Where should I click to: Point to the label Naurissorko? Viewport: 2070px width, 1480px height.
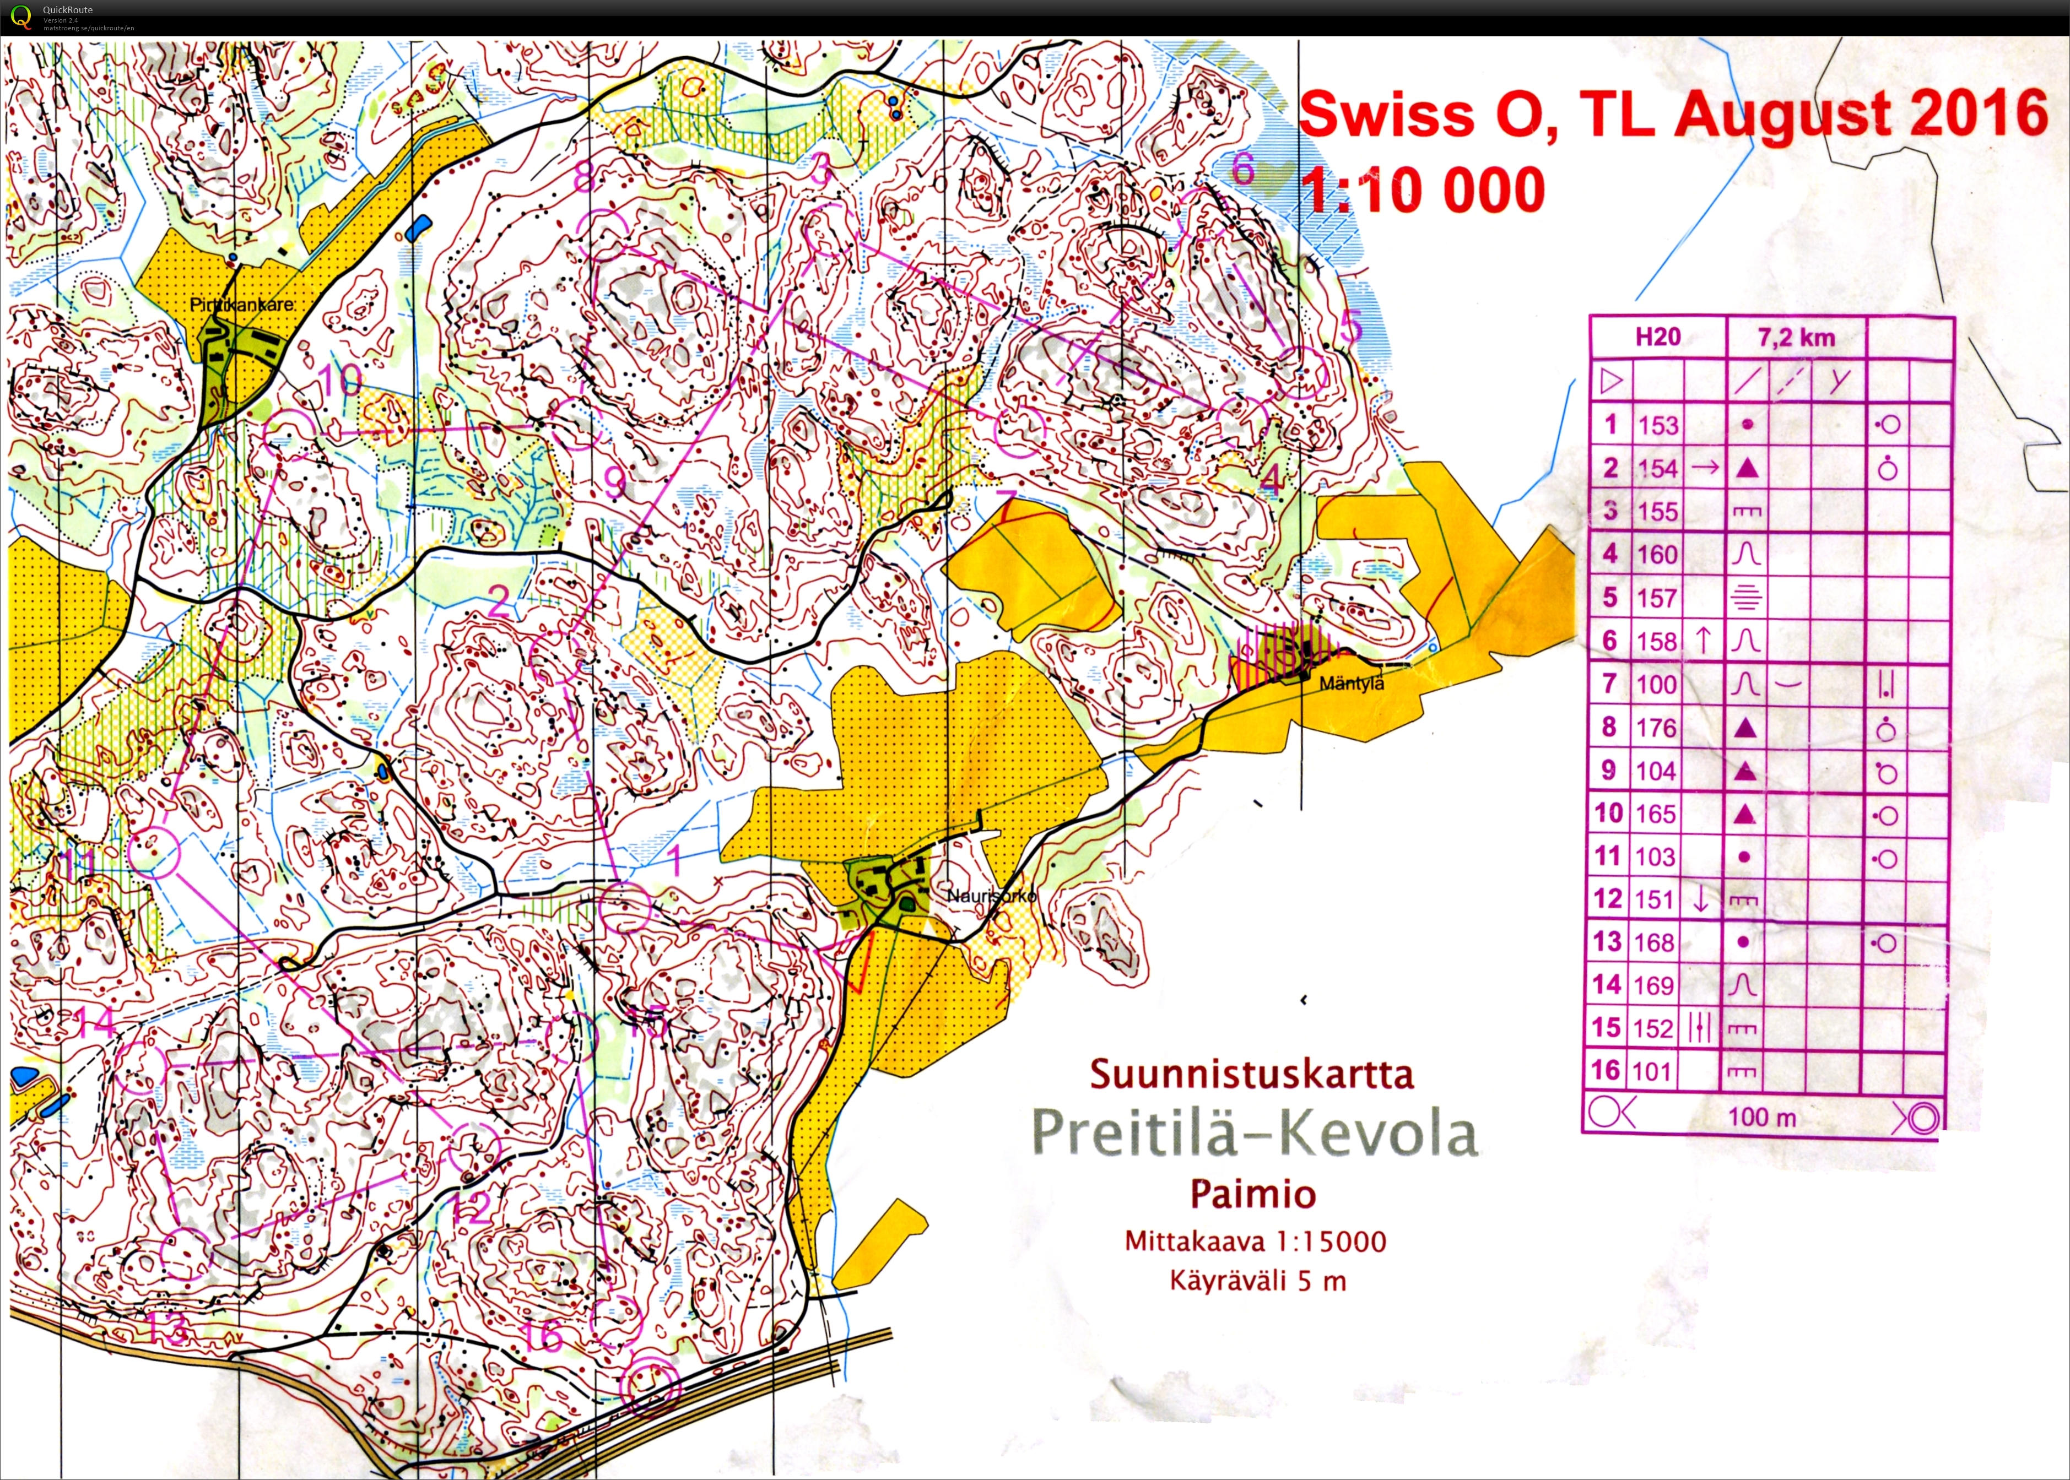pyautogui.click(x=991, y=896)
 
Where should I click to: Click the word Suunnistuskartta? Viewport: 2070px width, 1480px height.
pyautogui.click(x=1251, y=1075)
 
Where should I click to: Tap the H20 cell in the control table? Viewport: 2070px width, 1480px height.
pyautogui.click(x=1657, y=337)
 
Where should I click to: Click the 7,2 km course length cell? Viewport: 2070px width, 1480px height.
pyautogui.click(x=1796, y=337)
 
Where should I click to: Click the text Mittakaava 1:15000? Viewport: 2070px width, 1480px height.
pyautogui.click(x=1255, y=1242)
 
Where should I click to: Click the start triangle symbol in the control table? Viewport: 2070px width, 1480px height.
pyautogui.click(x=1610, y=381)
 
